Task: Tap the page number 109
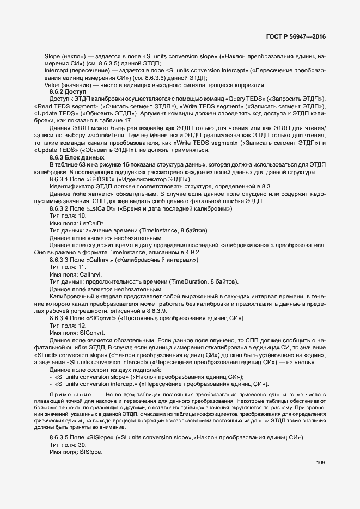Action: point(320,463)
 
